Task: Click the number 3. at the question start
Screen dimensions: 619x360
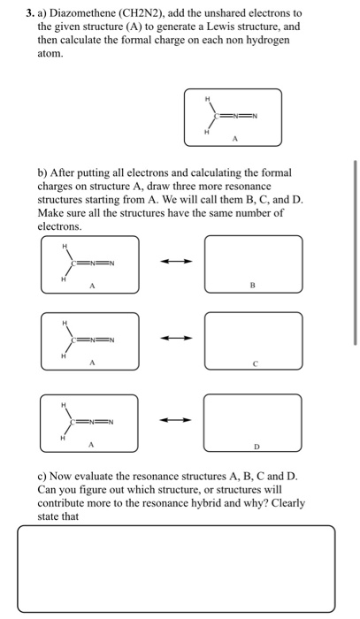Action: [30, 14]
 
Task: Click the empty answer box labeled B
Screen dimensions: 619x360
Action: [252, 263]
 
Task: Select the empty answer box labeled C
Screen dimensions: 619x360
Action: [252, 340]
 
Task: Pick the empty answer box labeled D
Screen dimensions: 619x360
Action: [252, 420]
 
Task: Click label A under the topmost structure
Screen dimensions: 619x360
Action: [234, 138]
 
